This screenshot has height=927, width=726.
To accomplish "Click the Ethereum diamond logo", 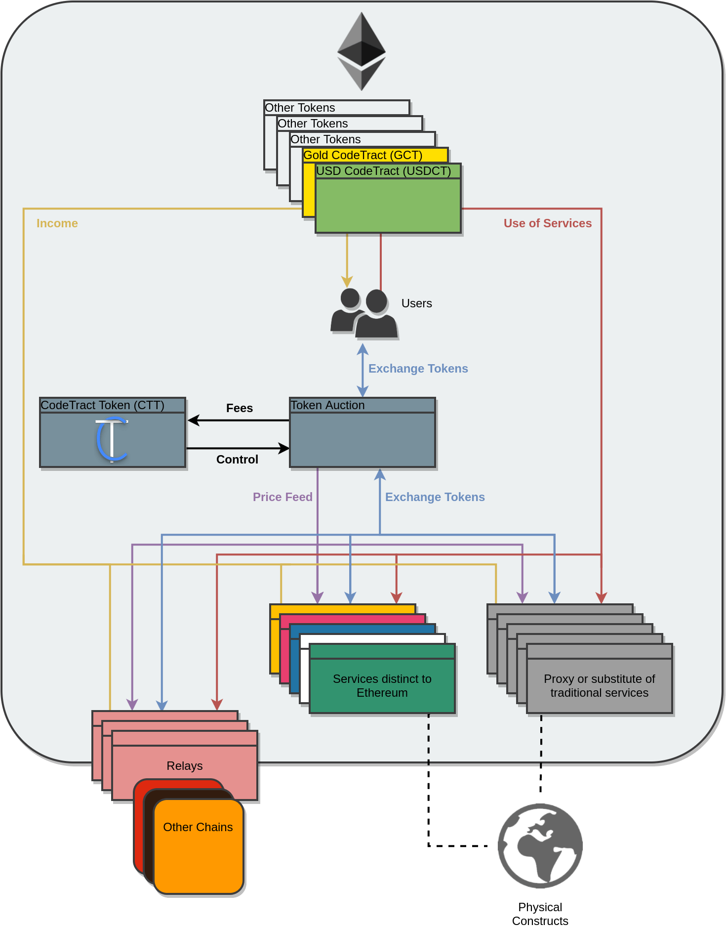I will click(x=362, y=51).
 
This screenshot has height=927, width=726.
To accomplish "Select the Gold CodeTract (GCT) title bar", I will click(x=363, y=155).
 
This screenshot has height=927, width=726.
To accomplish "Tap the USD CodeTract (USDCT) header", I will click(x=384, y=171).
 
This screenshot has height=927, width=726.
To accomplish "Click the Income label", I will click(x=57, y=223).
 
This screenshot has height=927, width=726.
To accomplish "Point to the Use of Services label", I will click(x=547, y=223).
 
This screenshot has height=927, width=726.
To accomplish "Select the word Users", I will click(x=416, y=303).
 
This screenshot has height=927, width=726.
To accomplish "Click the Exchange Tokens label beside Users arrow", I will click(x=418, y=369).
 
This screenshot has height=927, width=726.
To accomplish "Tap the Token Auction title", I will click(x=327, y=405).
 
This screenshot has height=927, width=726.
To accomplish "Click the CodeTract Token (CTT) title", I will click(x=102, y=405).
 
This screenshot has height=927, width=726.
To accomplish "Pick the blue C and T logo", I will click(x=112, y=439).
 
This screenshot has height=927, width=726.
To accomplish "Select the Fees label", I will click(x=240, y=408).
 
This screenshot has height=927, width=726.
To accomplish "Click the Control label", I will click(x=237, y=460).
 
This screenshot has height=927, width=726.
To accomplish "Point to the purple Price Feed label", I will click(x=282, y=497).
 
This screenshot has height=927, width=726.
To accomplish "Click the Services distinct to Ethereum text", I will click(x=382, y=686).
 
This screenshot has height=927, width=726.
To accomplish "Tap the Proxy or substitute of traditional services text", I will click(x=599, y=686).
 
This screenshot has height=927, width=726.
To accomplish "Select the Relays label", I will click(x=185, y=766).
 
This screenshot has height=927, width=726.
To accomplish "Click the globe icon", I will click(x=540, y=846).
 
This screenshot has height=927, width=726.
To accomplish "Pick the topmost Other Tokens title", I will click(x=300, y=108).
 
